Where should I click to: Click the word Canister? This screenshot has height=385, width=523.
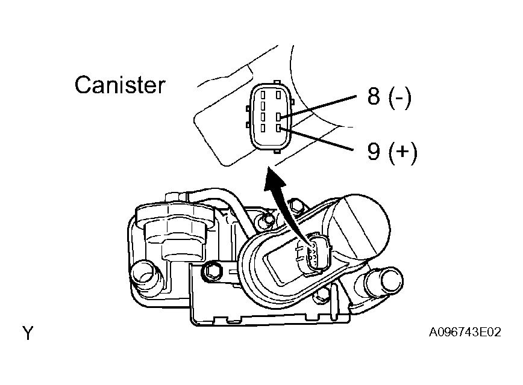(119, 85)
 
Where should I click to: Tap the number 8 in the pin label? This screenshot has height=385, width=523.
(374, 96)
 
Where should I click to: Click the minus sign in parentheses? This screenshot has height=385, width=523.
(398, 97)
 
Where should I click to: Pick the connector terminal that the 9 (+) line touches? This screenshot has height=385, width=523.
(278, 128)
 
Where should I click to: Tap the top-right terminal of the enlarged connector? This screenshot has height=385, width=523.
(278, 94)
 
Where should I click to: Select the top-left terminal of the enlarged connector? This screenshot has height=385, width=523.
(263, 94)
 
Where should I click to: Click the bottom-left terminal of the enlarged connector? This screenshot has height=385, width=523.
(263, 128)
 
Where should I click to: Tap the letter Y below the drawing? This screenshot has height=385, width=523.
(28, 333)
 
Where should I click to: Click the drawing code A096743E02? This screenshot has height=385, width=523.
(465, 333)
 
